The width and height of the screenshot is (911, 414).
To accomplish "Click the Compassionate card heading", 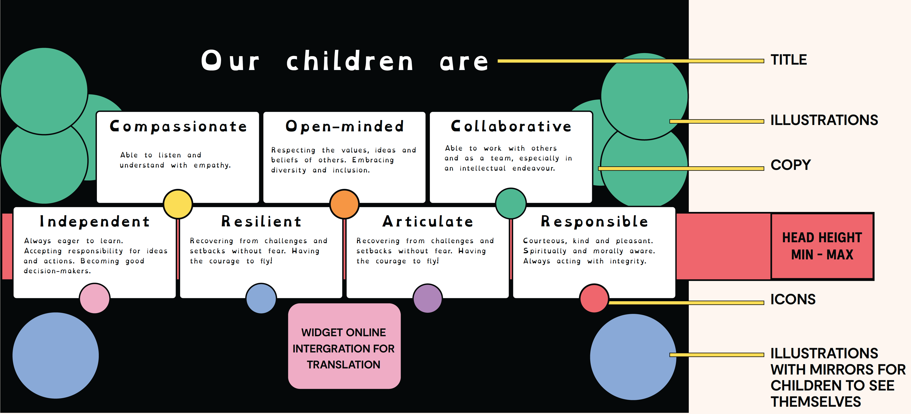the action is click(178, 126).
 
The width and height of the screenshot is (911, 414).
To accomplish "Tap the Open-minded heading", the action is click(345, 126).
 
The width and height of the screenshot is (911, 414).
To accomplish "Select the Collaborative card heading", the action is click(511, 126).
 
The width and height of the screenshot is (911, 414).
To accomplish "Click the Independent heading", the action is click(95, 222).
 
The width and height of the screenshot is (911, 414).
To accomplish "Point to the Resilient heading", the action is click(261, 222).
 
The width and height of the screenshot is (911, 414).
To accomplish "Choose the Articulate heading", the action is click(428, 222).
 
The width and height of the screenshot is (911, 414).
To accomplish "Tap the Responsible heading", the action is click(594, 222).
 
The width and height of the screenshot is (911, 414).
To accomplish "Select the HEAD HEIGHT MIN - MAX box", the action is click(822, 246).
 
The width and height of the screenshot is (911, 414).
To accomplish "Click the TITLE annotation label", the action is click(789, 60).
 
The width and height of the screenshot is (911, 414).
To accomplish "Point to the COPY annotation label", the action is click(791, 165).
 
